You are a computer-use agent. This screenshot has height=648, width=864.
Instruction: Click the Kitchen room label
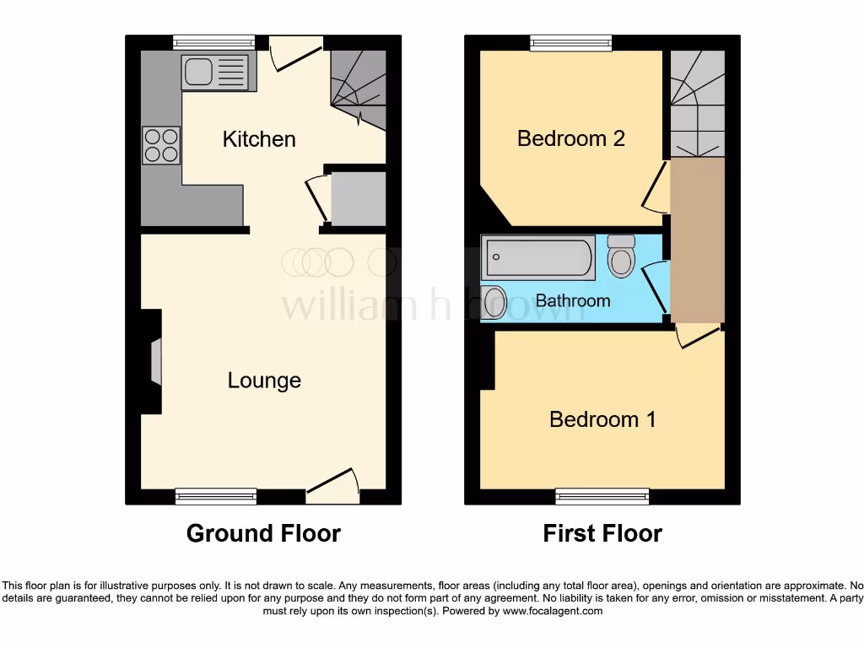259,139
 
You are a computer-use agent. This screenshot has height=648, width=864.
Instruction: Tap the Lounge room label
264,381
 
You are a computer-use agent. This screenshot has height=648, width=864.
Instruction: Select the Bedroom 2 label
570,138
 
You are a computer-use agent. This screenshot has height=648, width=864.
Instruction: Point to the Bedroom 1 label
602,419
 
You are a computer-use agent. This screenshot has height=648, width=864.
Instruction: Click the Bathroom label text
572,300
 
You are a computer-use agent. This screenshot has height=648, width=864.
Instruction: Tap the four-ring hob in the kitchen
160,145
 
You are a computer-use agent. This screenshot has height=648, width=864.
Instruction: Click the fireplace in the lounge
155,362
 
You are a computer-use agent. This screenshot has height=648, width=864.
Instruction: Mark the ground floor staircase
359,89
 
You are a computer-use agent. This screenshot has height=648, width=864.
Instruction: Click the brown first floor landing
697,240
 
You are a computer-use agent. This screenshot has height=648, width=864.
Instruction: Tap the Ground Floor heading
263,533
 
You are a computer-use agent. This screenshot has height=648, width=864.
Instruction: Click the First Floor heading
602,533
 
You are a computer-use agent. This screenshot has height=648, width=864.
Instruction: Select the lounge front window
216,497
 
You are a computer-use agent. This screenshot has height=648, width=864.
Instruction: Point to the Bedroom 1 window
602,497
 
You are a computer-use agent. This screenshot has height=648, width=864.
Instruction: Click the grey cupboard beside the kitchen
358,199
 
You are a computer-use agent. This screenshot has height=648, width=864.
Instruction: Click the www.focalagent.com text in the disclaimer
553,611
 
